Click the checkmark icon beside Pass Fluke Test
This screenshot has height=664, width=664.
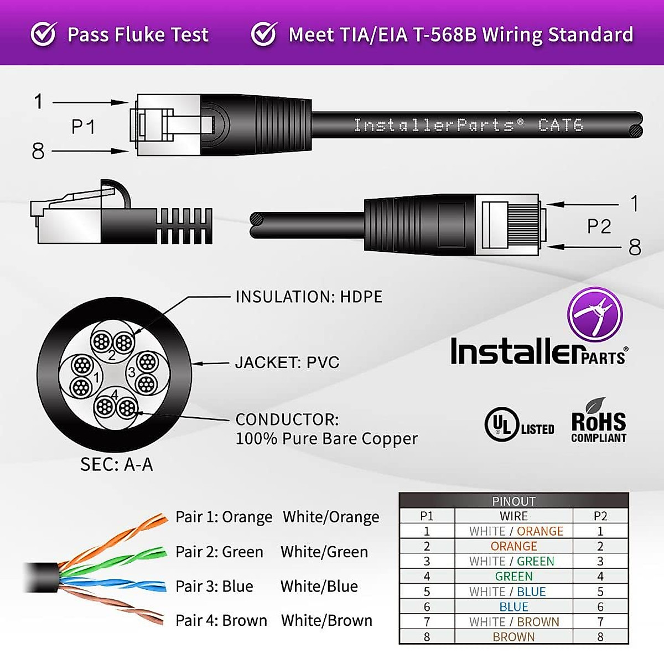[43, 34]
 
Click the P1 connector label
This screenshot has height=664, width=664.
[83, 127]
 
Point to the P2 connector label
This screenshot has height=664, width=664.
[599, 226]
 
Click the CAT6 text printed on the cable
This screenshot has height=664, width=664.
[561, 125]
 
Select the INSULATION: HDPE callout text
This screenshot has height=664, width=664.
[309, 297]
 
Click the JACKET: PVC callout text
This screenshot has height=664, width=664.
[287, 362]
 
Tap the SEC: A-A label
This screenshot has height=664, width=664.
[116, 464]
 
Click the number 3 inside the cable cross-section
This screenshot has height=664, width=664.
[132, 372]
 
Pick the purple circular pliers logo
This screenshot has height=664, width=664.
[595, 314]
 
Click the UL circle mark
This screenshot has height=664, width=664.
[501, 424]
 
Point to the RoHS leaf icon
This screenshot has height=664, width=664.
[596, 404]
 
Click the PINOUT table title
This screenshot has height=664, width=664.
[513, 501]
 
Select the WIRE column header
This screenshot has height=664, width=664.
[513, 516]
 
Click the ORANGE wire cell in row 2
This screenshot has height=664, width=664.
[513, 546]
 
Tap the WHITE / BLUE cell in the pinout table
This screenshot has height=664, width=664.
[507, 592]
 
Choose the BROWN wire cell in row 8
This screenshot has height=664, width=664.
[513, 637]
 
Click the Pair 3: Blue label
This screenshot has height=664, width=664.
[214, 586]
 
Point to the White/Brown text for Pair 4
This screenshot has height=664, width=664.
[326, 620]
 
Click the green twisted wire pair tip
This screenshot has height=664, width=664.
[160, 552]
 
